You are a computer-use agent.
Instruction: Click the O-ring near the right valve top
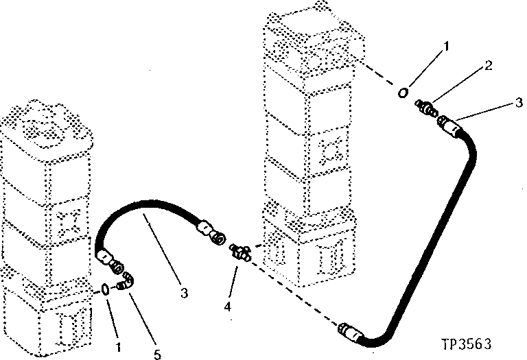405,92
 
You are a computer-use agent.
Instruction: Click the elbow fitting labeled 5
126,281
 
